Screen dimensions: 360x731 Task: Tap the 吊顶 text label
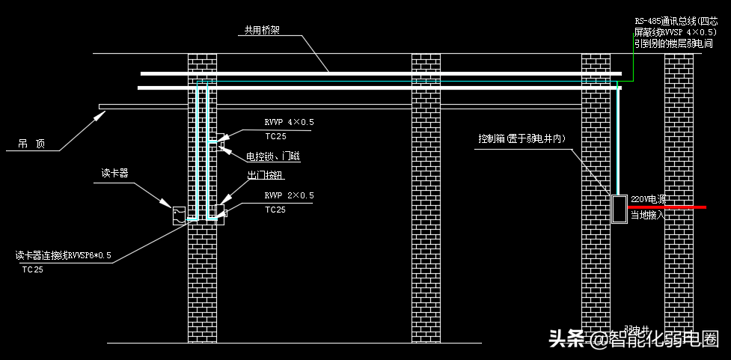[x=31, y=144]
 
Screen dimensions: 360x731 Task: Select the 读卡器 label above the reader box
[x=114, y=173]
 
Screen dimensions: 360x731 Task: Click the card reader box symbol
[x=180, y=215]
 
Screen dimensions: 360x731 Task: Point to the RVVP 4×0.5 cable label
[x=289, y=122]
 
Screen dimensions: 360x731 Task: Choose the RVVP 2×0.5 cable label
[x=289, y=195]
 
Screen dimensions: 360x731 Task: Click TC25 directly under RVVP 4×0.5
[x=275, y=136]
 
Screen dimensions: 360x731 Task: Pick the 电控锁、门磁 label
[x=273, y=156]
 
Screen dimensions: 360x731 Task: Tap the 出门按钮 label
[x=266, y=175]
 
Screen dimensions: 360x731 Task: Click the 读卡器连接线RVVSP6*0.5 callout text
[x=64, y=255]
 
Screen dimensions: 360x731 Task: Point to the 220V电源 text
[x=648, y=200]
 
